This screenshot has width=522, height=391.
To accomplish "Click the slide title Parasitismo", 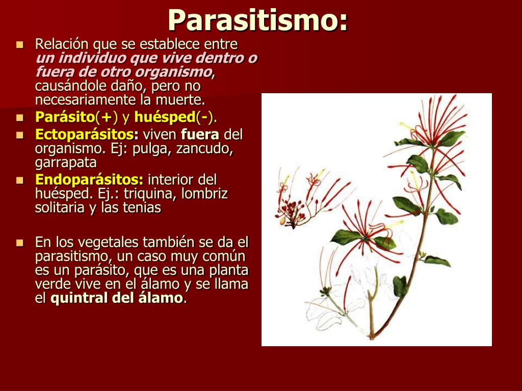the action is pyautogui.click(x=257, y=20).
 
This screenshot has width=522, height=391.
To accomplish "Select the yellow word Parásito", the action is pyautogui.click(x=65, y=117).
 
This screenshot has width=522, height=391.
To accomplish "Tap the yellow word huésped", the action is pyautogui.click(x=165, y=118).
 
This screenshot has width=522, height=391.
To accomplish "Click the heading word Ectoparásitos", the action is pyautogui.click(x=87, y=134).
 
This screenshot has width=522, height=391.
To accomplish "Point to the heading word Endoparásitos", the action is pyautogui.click(x=89, y=180).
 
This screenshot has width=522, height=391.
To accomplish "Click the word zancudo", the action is pyautogui.click(x=204, y=149).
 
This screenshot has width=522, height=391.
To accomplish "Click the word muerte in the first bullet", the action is pyautogui.click(x=180, y=100).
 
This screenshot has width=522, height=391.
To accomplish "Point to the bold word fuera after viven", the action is pyautogui.click(x=200, y=134).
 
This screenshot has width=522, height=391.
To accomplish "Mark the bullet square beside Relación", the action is pyautogui.click(x=20, y=45).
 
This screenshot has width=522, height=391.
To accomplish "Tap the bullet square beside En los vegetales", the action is pyautogui.click(x=20, y=243).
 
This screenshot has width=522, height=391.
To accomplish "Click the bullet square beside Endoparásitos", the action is pyautogui.click(x=20, y=180).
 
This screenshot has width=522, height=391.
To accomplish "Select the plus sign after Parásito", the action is pyautogui.click(x=106, y=118).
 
